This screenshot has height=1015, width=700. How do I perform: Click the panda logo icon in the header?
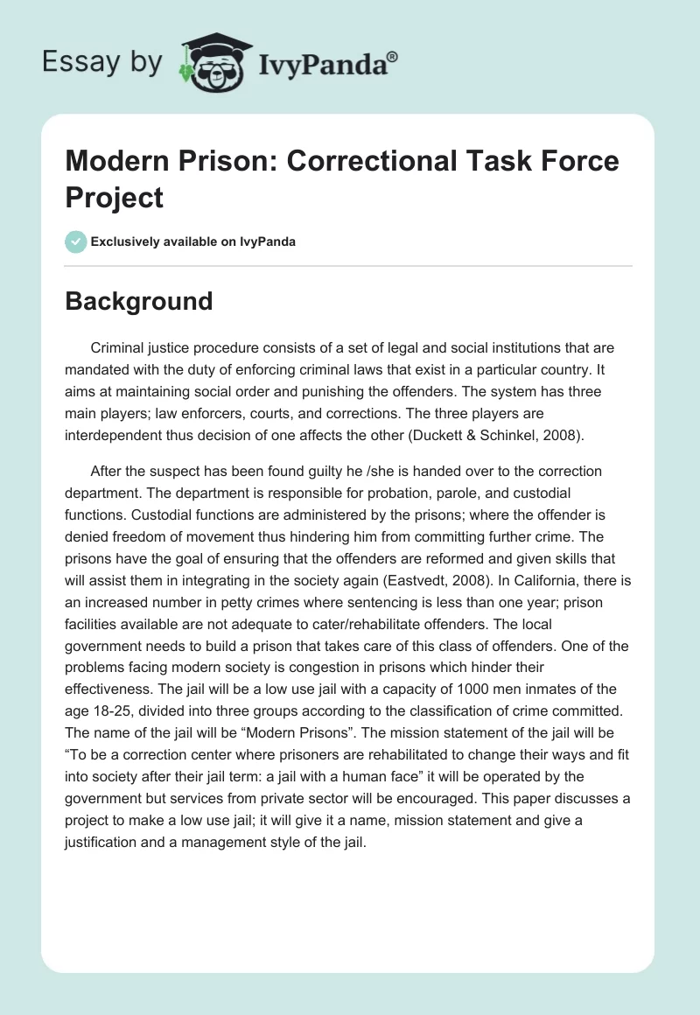pos(213,62)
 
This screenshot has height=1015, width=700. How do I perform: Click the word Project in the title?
pos(115,197)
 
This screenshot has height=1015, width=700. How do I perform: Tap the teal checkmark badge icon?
pos(76,241)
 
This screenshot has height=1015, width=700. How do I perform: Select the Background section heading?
pos(139,301)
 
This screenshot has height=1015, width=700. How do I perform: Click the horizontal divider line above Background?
pos(349,265)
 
